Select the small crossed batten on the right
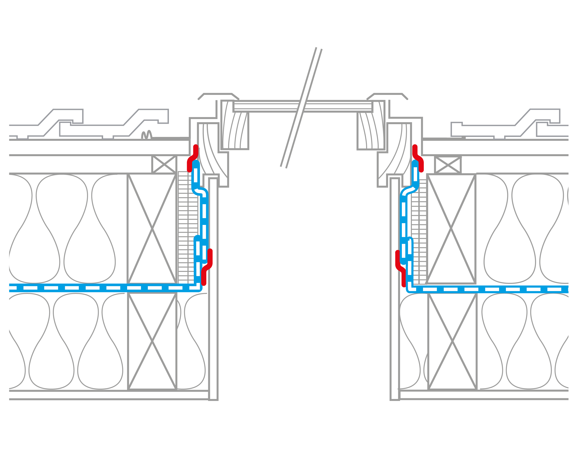(448, 165)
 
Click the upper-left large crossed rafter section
(152, 229)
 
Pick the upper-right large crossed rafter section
(451, 229)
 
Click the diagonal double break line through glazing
(301, 108)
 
